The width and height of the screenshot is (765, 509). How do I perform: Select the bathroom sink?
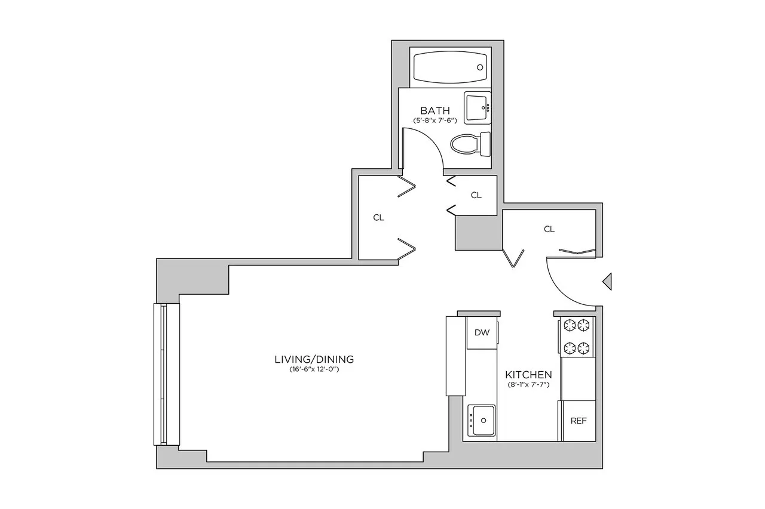(x=476, y=107)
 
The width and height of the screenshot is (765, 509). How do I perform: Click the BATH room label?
(x=435, y=110)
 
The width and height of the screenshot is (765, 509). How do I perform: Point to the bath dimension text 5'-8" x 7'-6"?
(x=435, y=121)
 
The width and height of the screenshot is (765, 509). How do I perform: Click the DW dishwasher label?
(x=482, y=333)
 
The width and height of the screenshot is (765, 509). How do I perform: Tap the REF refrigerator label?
(x=579, y=421)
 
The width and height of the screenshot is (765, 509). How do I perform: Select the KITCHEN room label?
(x=528, y=375)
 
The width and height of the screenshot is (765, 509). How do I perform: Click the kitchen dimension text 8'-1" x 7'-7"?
(x=528, y=385)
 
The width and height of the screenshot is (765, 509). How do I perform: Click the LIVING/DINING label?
(x=314, y=359)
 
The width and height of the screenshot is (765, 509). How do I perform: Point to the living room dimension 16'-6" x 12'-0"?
(x=314, y=369)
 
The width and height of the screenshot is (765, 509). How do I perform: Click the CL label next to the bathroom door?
(x=476, y=195)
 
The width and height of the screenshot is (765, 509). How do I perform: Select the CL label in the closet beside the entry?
(x=549, y=229)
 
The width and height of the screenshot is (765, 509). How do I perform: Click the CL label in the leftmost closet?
(x=378, y=218)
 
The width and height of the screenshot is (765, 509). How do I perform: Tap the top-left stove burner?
(x=568, y=325)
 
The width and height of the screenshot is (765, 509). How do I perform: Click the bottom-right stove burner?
(x=585, y=347)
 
